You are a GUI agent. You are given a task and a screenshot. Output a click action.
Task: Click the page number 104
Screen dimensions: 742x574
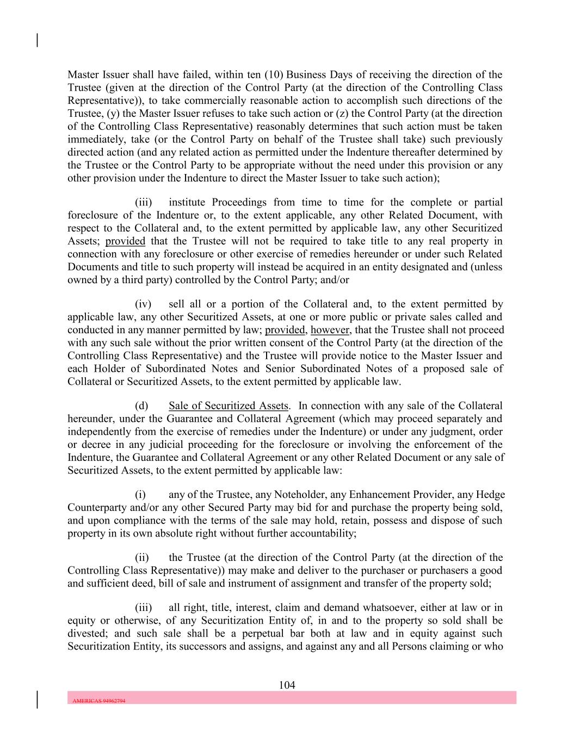point(287,685)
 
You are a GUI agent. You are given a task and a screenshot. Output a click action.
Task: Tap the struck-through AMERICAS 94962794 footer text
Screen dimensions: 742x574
point(99,701)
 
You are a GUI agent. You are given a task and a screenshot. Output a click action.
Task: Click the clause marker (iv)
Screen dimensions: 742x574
point(144,304)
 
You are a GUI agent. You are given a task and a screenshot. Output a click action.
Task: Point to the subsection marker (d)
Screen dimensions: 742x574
point(141,406)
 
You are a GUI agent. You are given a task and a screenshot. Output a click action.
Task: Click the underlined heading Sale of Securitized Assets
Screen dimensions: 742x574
point(229,406)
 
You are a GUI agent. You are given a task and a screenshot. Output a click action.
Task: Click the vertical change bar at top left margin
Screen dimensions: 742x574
point(37,40)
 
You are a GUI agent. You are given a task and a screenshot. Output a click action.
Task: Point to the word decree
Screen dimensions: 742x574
point(98,445)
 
